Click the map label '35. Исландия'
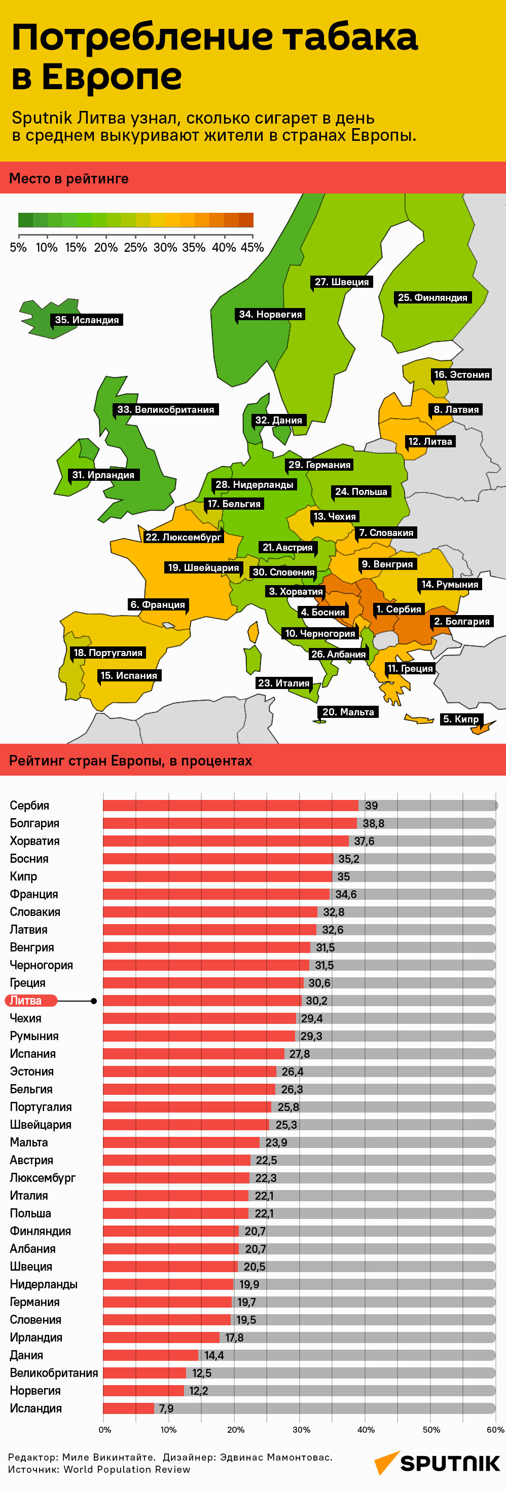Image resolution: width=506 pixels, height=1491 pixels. click(87, 320)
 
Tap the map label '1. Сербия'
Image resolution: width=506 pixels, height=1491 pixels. click(399, 609)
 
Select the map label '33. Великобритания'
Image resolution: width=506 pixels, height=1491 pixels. click(166, 410)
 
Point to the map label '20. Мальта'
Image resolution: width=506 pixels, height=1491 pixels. click(348, 712)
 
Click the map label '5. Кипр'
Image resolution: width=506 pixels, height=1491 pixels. click(461, 719)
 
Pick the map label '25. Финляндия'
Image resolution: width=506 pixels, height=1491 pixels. click(432, 297)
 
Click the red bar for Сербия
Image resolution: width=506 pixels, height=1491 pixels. click(230, 805)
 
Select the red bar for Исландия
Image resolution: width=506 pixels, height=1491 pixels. click(128, 1408)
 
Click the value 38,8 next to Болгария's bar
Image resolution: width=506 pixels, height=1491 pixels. click(374, 823)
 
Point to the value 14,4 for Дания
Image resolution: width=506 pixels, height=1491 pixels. click(213, 1355)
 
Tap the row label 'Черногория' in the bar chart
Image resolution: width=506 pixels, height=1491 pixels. click(41, 965)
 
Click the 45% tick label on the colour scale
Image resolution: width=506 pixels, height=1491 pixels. click(252, 248)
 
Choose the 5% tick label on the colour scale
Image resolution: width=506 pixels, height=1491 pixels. click(18, 248)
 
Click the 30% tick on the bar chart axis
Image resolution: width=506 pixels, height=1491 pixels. click(301, 1430)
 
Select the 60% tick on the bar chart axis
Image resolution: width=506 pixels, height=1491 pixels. click(495, 1430)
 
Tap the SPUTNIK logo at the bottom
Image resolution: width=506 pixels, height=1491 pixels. click(438, 1464)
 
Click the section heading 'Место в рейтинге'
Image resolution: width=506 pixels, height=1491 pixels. click(69, 179)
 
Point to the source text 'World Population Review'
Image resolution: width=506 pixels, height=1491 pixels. click(127, 1469)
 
